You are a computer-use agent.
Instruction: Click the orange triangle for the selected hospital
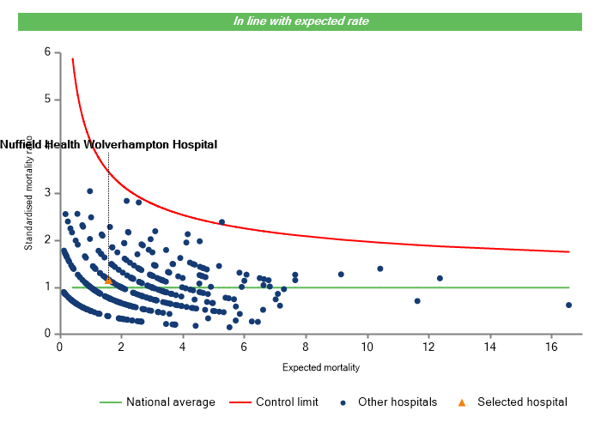(108, 280)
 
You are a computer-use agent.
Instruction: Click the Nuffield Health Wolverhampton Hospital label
(108, 144)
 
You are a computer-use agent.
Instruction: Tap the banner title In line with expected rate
(301, 21)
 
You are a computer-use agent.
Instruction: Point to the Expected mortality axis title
(320, 367)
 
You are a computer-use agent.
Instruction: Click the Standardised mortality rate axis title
(29, 192)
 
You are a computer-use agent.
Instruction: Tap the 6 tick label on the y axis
(47, 52)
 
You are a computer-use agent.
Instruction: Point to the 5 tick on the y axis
(47, 100)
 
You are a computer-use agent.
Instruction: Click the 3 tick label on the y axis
(47, 193)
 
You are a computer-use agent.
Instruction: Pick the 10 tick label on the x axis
(367, 347)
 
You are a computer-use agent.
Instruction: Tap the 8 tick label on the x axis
(306, 347)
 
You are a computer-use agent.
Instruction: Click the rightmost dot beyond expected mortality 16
(568, 305)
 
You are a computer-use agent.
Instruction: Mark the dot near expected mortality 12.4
(440, 278)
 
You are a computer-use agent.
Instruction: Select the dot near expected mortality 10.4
(380, 269)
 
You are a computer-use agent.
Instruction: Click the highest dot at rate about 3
(90, 191)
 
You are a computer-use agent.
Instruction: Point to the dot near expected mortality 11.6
(417, 301)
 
